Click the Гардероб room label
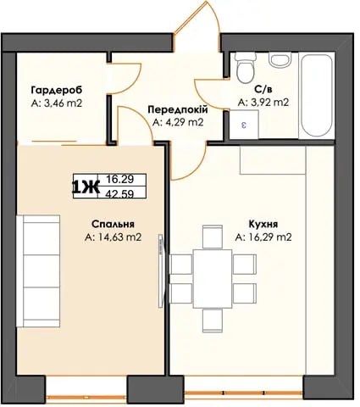[x=57, y=91]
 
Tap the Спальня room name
[x=113, y=224]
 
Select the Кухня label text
[x=263, y=224]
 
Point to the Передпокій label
[x=178, y=109]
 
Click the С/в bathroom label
[x=263, y=90]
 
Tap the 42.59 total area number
[x=120, y=193]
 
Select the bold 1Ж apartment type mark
[x=86, y=187]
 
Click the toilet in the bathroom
[x=246, y=68]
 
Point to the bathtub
[x=317, y=96]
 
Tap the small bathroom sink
[x=280, y=60]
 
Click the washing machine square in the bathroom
[x=244, y=125]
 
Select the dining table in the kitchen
[x=213, y=279]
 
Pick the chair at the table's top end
[x=213, y=237]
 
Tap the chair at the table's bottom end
[x=213, y=321]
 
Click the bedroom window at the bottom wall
[x=86, y=396]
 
